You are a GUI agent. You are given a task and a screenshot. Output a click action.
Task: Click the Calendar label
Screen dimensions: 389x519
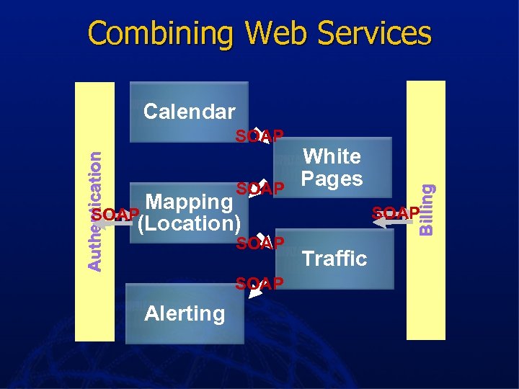click(x=189, y=112)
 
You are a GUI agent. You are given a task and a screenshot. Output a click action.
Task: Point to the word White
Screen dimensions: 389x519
click(x=332, y=156)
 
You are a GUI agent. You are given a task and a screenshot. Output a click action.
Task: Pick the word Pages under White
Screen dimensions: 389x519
click(x=332, y=178)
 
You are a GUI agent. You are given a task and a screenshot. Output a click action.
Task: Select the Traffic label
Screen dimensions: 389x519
click(x=334, y=258)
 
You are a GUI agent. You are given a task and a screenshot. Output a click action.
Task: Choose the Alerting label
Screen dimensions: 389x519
click(x=185, y=313)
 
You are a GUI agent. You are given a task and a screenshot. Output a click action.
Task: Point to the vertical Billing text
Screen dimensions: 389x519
click(x=427, y=209)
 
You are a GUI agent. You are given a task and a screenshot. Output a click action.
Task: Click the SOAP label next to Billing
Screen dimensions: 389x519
click(x=395, y=213)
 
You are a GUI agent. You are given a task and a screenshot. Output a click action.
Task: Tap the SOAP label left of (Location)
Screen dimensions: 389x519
click(x=115, y=215)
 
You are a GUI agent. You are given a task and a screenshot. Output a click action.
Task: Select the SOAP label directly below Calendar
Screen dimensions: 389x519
click(x=260, y=136)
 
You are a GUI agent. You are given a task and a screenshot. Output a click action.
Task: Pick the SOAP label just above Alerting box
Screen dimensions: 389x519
click(x=260, y=283)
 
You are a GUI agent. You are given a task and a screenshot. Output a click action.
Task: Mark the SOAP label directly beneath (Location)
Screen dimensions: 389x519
click(x=260, y=243)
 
